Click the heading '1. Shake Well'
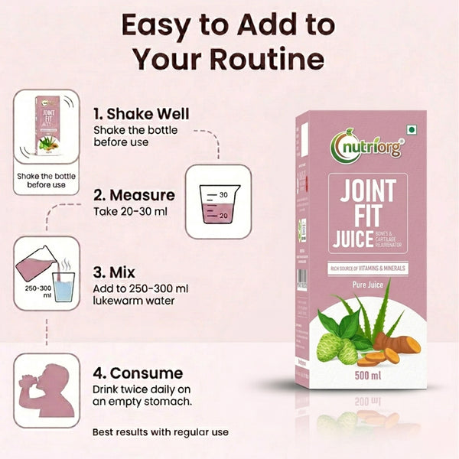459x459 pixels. [141, 114]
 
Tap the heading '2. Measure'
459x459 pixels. [134, 195]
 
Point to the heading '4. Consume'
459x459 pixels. [138, 373]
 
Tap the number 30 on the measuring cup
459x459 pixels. [224, 195]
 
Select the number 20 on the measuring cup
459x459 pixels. [224, 216]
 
